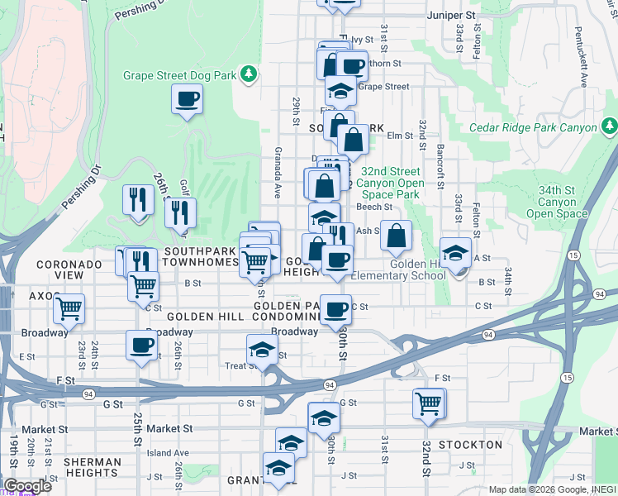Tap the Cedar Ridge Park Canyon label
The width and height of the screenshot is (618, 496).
click(532, 127)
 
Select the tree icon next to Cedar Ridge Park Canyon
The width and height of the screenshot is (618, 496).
click(609, 126)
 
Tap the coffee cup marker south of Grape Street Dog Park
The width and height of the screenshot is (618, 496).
click(187, 100)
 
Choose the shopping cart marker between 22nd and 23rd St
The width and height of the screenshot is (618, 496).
click(69, 309)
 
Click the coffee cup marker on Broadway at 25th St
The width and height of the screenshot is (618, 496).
click(140, 344)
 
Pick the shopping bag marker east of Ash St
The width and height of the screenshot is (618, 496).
click(397, 236)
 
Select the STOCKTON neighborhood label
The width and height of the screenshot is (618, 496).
click(470, 445)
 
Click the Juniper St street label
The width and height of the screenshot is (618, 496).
click(452, 16)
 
